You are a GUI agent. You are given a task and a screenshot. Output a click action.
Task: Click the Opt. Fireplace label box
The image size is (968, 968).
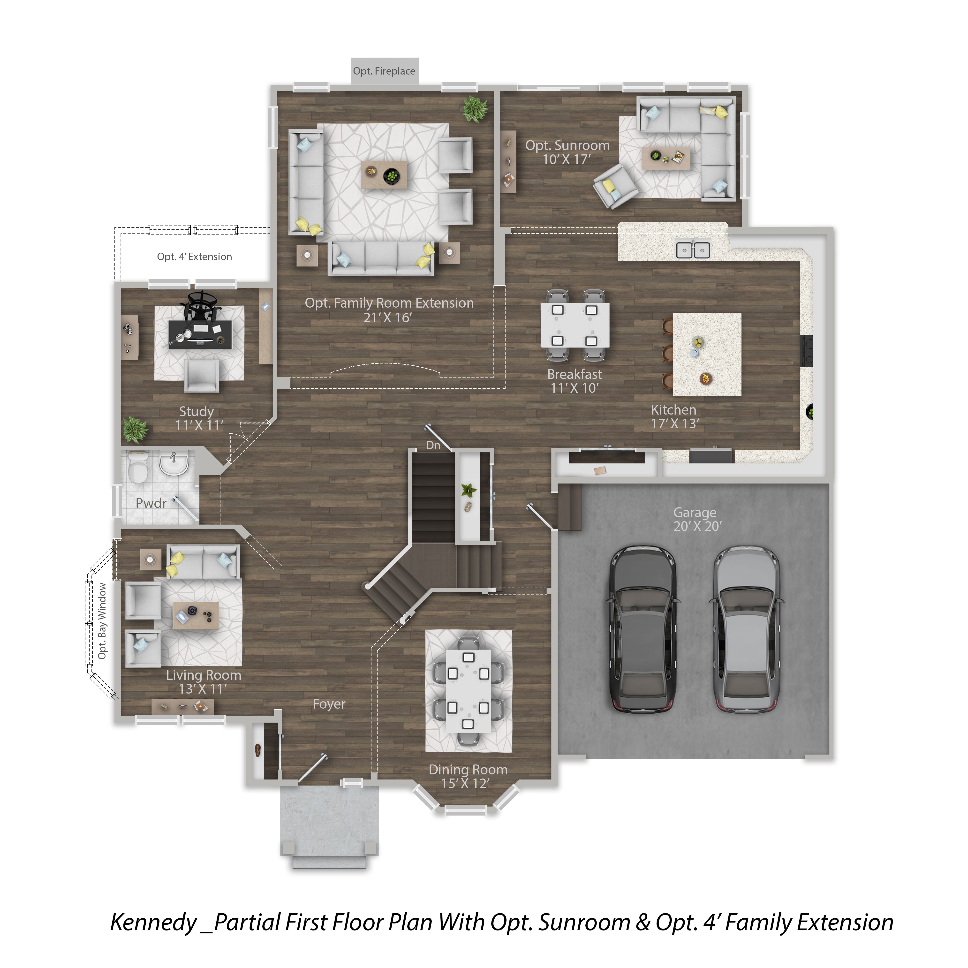coord(384,71)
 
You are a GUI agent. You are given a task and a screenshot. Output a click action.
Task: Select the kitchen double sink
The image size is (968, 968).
coord(693,250)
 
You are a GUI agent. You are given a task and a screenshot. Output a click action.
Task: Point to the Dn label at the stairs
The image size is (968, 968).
coord(433,445)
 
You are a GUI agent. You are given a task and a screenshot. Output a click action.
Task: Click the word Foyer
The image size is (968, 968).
coord(329,704)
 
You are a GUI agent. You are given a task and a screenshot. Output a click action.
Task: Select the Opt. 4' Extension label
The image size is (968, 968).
coord(194,257)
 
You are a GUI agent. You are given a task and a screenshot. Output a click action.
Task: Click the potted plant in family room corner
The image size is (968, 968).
coord(475,109)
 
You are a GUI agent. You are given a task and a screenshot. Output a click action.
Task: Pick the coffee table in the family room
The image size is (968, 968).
coord(384,174)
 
